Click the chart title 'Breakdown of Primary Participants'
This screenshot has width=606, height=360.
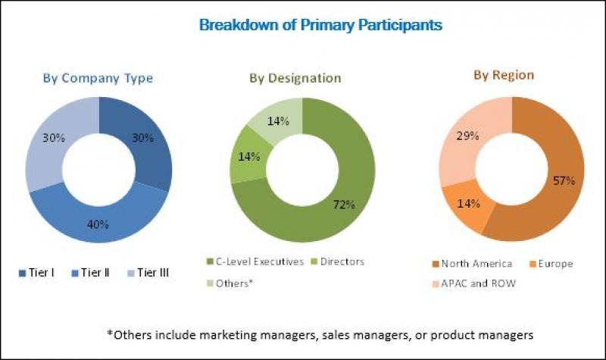click(x=320, y=25)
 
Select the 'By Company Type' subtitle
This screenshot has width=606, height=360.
click(x=98, y=78)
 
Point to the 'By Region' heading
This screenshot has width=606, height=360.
click(x=504, y=75)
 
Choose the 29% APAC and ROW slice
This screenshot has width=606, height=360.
click(x=466, y=140)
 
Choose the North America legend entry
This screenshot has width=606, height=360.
click(x=474, y=264)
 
